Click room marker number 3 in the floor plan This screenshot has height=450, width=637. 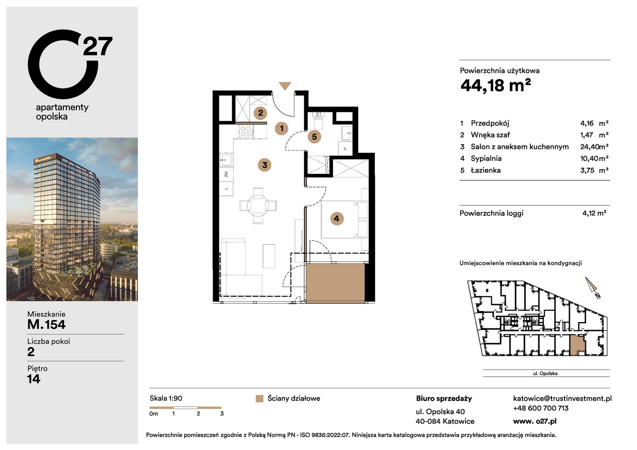[264, 165]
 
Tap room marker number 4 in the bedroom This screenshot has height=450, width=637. [337, 219]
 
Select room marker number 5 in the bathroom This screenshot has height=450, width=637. [314, 137]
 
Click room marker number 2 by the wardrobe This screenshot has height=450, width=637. [261, 113]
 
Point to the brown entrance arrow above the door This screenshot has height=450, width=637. [285, 86]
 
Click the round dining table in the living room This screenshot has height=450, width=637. [258, 205]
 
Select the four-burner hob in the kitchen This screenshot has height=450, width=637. [246, 132]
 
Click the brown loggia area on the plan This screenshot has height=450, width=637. [335, 283]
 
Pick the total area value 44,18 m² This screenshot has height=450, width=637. [496, 85]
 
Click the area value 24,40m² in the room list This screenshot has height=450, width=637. [594, 147]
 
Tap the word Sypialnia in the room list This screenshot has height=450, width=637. [486, 158]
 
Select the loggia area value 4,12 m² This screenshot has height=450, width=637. [594, 213]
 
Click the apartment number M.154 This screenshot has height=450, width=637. [46, 325]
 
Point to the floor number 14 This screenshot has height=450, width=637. [33, 379]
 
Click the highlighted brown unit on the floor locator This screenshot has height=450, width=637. [577, 345]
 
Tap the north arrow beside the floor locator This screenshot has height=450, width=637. [591, 285]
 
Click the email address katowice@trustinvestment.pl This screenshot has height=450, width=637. [562, 398]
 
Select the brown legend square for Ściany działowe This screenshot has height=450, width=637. [259, 399]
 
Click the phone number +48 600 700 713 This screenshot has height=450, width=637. [541, 408]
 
